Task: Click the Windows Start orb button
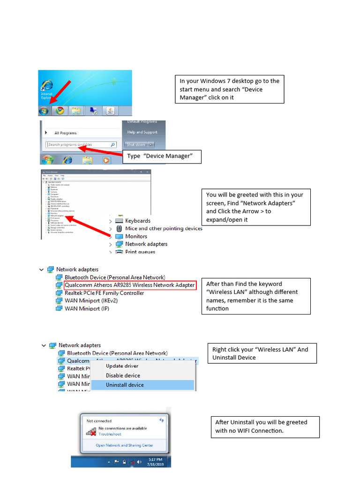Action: (x=44, y=111)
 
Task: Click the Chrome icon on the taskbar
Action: (x=60, y=111)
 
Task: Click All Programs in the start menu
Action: (x=65, y=133)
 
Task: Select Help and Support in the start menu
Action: (x=142, y=132)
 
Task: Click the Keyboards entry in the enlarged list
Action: (x=137, y=221)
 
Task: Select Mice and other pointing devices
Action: (x=164, y=229)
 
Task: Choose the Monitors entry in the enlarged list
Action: (x=136, y=236)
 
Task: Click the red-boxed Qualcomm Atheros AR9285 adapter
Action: (x=130, y=285)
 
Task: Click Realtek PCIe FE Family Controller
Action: (x=104, y=293)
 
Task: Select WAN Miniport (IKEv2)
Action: (x=91, y=300)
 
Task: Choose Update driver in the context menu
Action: (x=122, y=366)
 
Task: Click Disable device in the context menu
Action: (x=123, y=375)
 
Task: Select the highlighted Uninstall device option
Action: (x=125, y=385)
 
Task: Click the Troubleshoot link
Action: (x=110, y=434)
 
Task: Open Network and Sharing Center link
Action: (x=124, y=445)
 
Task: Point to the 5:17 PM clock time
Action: (x=155, y=459)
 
